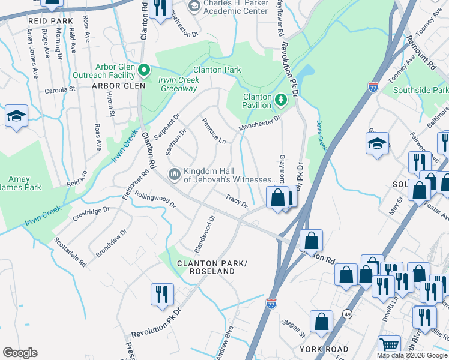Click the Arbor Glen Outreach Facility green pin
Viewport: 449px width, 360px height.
click(144, 70)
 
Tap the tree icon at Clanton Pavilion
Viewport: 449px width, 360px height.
click(280, 97)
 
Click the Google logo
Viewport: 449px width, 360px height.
click(20, 353)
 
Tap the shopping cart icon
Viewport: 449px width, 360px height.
click(389, 345)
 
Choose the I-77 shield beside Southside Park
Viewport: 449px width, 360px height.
click(373, 88)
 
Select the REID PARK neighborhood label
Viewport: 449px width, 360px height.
click(50, 20)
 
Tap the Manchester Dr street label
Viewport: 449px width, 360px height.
click(259, 124)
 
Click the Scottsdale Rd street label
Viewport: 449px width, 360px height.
click(70, 251)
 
